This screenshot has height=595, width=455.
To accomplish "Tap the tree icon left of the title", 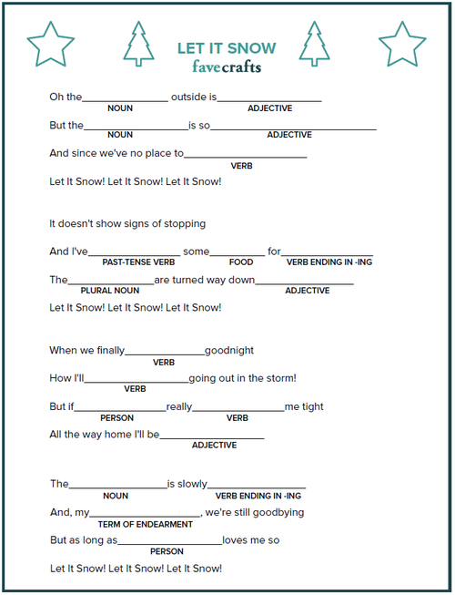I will (138, 44).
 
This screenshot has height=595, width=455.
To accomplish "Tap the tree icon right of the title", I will (314, 44).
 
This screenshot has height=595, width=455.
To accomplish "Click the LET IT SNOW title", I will (227, 47).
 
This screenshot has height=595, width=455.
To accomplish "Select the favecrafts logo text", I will (227, 66).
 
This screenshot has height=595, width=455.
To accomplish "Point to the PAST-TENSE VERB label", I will (138, 262).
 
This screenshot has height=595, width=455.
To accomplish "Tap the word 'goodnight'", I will (229, 351).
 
